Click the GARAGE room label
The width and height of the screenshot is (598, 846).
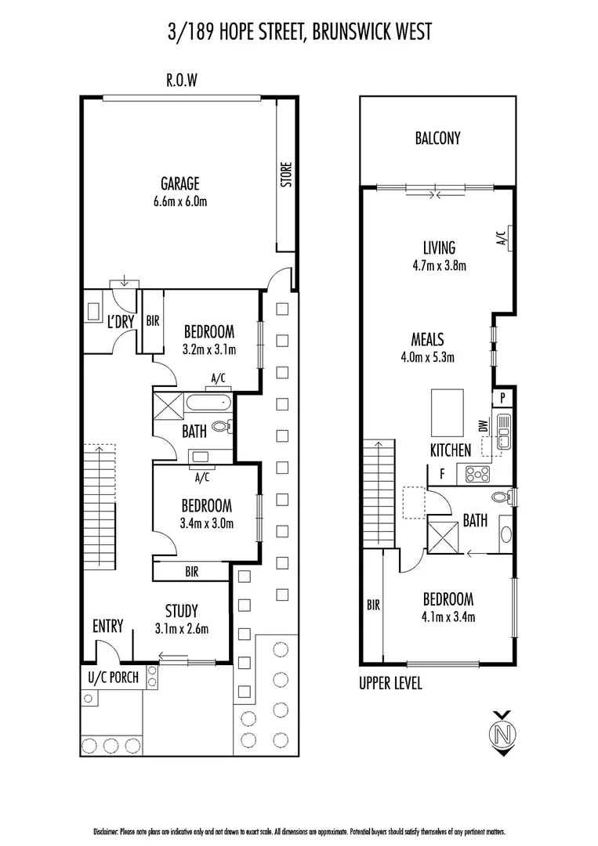click(x=179, y=184)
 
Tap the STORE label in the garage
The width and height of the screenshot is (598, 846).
click(x=286, y=174)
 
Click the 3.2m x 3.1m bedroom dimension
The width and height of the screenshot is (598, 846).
click(x=208, y=349)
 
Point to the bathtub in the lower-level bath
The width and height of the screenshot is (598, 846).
click(x=208, y=404)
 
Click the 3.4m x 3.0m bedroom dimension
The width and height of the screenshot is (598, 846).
click(x=208, y=524)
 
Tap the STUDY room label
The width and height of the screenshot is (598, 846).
click(x=181, y=611)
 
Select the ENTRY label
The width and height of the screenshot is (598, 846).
click(x=107, y=626)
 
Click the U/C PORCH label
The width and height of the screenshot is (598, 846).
click(x=113, y=678)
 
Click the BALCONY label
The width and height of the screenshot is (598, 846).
click(x=437, y=139)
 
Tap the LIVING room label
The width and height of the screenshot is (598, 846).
click(x=439, y=248)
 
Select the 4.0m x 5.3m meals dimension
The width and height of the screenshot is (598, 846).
click(x=428, y=357)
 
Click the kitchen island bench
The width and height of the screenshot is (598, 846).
click(x=447, y=413)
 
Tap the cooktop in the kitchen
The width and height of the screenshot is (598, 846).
click(x=478, y=473)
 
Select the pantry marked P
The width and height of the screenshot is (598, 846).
click(x=502, y=398)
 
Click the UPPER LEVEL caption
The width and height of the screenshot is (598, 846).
click(x=390, y=683)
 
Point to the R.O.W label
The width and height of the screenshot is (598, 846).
click(x=180, y=79)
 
